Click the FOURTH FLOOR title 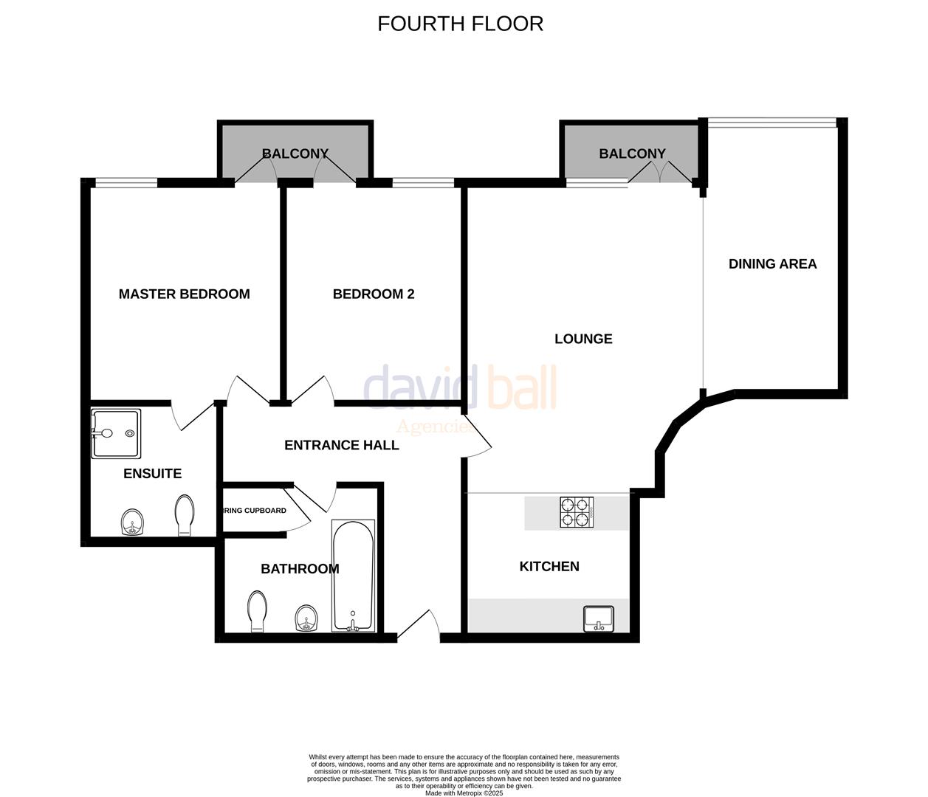tap(460, 24)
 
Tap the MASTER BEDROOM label tap(184, 294)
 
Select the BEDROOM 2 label tap(374, 294)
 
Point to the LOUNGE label tap(583, 339)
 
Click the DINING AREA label tap(772, 263)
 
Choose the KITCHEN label tap(549, 566)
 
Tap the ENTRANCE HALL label tap(341, 445)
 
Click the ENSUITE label tap(152, 473)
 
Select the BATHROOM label tap(300, 568)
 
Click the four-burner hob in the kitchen tap(577, 512)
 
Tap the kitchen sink tap(599, 618)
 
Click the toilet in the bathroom tap(257, 611)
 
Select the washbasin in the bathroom tap(306, 618)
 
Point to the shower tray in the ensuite tap(115, 434)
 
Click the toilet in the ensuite tap(185, 514)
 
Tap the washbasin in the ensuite tap(133, 522)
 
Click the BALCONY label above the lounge tap(632, 153)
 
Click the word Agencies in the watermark tap(435, 427)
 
